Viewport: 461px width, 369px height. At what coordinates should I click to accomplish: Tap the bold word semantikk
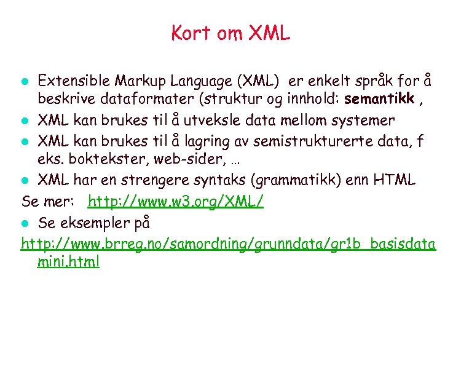(x=379, y=98)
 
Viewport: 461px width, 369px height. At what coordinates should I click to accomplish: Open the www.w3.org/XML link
(x=176, y=201)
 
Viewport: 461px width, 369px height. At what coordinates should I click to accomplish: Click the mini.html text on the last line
(x=68, y=262)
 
